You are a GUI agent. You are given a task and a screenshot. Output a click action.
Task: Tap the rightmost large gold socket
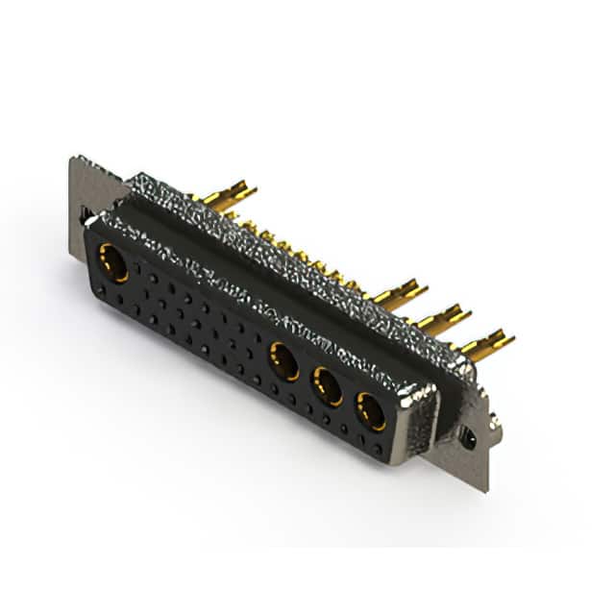click(371, 411)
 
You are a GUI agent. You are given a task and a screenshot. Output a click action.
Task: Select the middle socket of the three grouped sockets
click(328, 386)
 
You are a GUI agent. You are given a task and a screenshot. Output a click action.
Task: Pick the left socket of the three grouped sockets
click(283, 361)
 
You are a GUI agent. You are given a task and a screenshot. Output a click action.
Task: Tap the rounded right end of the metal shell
click(423, 404)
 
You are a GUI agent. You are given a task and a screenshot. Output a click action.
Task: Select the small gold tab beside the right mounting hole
click(493, 423)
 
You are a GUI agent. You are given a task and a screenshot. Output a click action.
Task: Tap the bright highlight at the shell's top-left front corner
click(90, 220)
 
